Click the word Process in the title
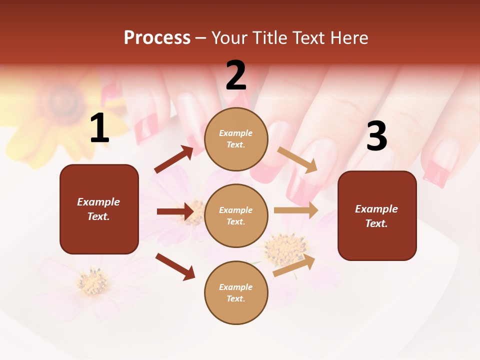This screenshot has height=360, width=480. tap(157, 38)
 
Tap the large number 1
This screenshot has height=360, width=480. tap(99, 129)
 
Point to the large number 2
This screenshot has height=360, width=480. tap(236, 76)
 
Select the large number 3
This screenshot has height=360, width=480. tap(376, 136)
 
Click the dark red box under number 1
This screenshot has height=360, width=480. tap(99, 209)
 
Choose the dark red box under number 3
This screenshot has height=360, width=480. tap(377, 216)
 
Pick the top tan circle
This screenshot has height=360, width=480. tap(236, 138)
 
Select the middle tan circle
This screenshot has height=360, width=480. tap(236, 215)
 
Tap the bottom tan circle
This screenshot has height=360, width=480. tap(236, 292)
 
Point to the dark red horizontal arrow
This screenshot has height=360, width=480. tap(175, 211)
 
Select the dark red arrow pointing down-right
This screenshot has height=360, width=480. tap(175, 266)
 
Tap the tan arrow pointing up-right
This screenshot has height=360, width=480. tap(294, 265)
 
